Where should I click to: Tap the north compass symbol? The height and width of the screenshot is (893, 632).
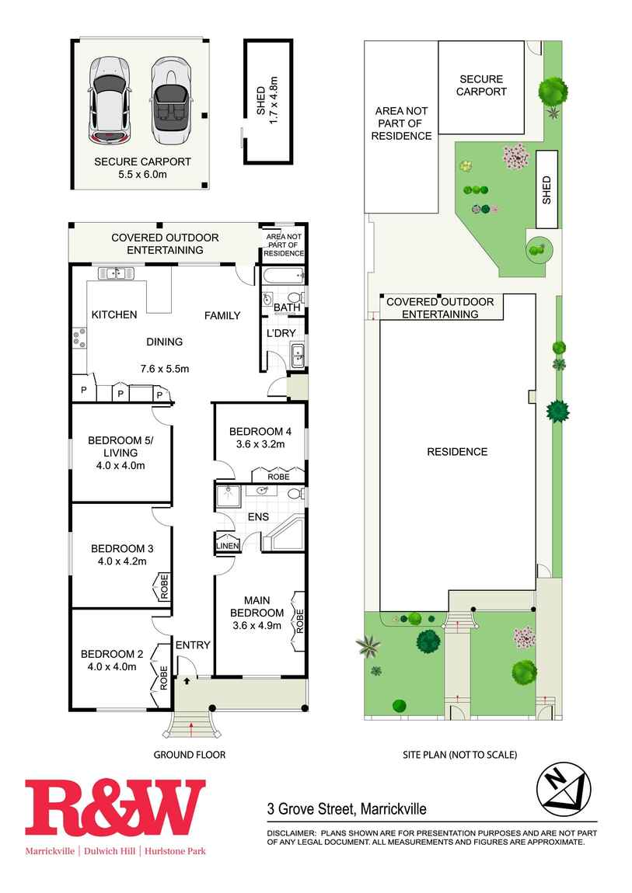[x=564, y=789]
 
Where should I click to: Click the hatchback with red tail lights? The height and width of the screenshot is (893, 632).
[x=110, y=100]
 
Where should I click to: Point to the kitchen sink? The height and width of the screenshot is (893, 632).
[x=116, y=273]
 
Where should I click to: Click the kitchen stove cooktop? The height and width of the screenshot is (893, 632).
[x=79, y=337]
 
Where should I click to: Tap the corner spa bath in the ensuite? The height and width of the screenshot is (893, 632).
[x=283, y=533]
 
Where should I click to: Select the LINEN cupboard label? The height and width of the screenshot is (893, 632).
[x=228, y=546]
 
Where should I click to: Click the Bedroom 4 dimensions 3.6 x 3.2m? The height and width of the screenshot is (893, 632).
[x=260, y=443]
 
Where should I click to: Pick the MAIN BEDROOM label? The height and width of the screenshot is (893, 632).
[x=257, y=606]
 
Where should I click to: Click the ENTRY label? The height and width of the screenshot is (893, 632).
[x=193, y=645]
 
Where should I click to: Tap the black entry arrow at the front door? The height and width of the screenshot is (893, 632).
[x=187, y=680]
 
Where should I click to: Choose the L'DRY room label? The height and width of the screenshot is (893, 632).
[x=281, y=333]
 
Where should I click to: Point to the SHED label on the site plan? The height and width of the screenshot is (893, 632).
[x=546, y=189]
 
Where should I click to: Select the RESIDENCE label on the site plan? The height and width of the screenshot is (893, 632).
[x=457, y=452]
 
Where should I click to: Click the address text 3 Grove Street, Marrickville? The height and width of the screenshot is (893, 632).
[x=347, y=808]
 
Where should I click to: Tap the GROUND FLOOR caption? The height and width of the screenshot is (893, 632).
[x=190, y=755]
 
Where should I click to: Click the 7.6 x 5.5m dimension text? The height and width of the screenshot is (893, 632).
[x=165, y=369]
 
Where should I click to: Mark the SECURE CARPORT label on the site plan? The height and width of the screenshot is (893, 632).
[x=481, y=85]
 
